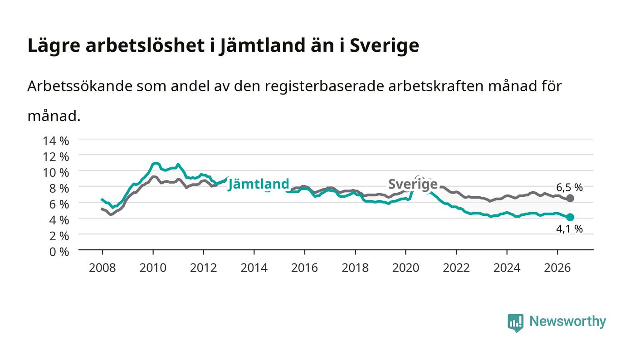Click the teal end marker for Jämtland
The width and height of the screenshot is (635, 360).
(x=570, y=217)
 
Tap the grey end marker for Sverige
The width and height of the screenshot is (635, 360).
(x=570, y=198)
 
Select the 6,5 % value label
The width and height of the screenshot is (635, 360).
(x=569, y=187)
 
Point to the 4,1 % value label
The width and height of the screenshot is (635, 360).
(x=569, y=229)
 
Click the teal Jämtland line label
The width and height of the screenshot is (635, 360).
(x=259, y=184)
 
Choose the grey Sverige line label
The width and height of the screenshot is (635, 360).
(x=413, y=184)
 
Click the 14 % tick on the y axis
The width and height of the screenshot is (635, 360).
(x=56, y=141)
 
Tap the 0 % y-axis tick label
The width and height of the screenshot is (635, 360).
(x=59, y=252)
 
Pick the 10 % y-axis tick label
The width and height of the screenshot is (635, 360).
(x=56, y=173)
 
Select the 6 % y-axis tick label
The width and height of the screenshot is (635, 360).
(x=59, y=204)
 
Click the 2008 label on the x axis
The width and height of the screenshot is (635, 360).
(x=103, y=268)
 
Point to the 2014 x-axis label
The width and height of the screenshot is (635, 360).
(x=254, y=268)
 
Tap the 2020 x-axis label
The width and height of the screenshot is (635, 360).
(x=405, y=268)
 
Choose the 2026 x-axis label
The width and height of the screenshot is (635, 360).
(x=557, y=268)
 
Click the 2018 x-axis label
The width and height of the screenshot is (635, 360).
(x=355, y=268)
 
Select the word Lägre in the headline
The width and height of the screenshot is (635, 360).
(x=54, y=46)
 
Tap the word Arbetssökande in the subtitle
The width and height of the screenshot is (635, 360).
(x=80, y=86)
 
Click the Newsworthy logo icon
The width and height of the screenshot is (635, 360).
(x=515, y=323)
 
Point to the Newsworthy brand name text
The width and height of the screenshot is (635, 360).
(x=567, y=322)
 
